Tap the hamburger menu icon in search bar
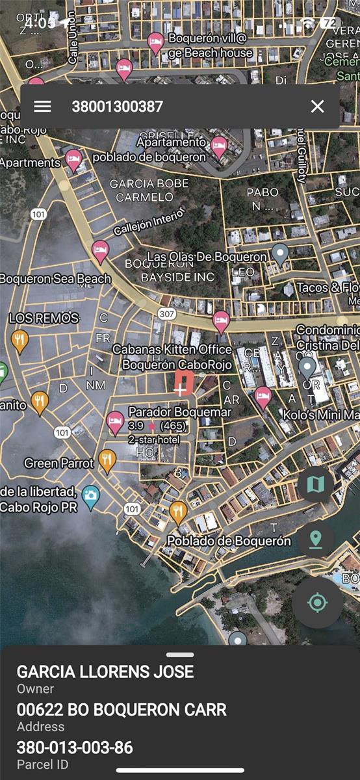pos(43,107)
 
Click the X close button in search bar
pos(317,107)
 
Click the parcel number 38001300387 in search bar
pos(117,107)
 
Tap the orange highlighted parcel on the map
pos(183,383)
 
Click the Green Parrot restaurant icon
pos(107,461)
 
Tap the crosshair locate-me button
pos(317,603)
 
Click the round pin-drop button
pos(316,539)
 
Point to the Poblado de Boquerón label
pos(229,541)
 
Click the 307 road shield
pos(167,314)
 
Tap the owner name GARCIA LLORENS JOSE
pos(105,671)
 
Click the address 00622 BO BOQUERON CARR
pos(122,710)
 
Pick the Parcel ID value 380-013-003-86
pos(75,747)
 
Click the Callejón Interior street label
pos(149,221)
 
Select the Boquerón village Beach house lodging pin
pos(155,43)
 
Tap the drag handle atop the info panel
pos(180,655)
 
